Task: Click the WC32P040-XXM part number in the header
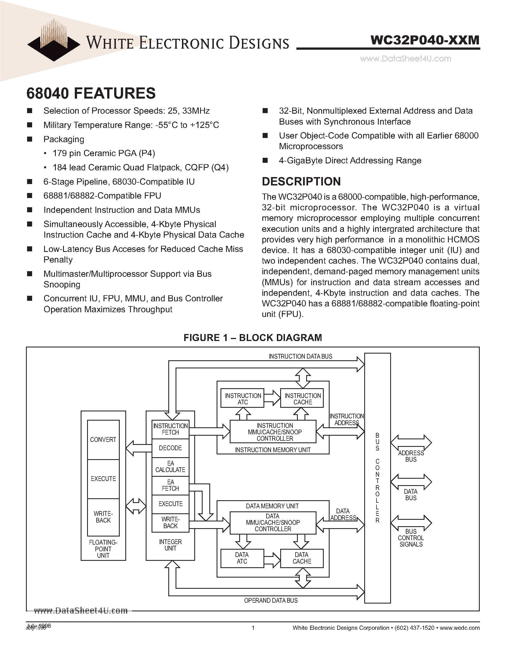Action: pyautogui.click(x=425, y=40)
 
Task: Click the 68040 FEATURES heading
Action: pyautogui.click(x=91, y=93)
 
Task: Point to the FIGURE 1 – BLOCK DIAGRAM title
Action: pyautogui.click(x=252, y=338)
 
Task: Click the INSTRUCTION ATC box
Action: pyautogui.click(x=242, y=399)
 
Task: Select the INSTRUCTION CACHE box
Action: pyautogui.click(x=302, y=399)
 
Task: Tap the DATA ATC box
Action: pyautogui.click(x=242, y=558)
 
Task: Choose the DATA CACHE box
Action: pyautogui.click(x=302, y=558)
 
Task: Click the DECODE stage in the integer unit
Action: pyautogui.click(x=170, y=448)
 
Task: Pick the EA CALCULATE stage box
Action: pyautogui.click(x=170, y=466)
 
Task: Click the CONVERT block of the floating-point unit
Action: pyautogui.click(x=103, y=440)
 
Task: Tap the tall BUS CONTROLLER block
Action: pyautogui.click(x=377, y=477)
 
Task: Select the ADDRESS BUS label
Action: pyautogui.click(x=411, y=456)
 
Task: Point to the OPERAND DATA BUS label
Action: pyautogui.click(x=270, y=600)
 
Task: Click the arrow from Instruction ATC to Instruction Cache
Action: pyautogui.click(x=272, y=397)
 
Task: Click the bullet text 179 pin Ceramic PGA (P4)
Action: pyautogui.click(x=104, y=153)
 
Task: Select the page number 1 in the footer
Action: pyautogui.click(x=253, y=628)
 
